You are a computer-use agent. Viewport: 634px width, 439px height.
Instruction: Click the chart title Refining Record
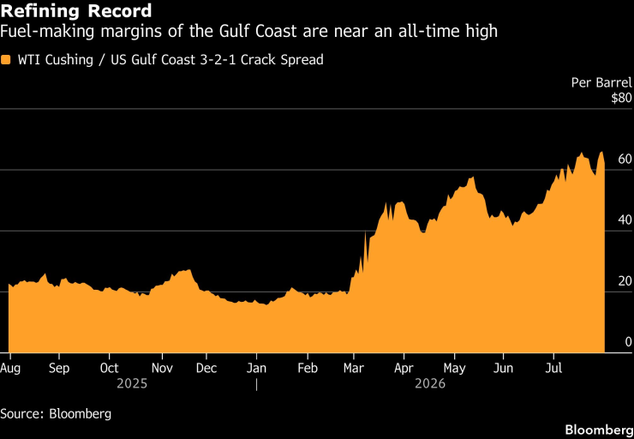coord(76,10)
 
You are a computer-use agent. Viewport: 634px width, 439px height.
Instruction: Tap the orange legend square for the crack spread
coord(6,60)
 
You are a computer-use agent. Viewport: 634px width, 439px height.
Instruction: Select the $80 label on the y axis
coord(621,99)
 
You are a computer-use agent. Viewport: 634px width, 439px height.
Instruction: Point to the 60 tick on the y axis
coord(625,159)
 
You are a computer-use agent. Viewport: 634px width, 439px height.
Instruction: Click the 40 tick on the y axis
coord(625,220)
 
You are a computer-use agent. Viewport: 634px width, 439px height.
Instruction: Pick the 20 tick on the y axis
coord(625,281)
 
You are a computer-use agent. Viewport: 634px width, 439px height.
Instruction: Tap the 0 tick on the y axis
coord(628,342)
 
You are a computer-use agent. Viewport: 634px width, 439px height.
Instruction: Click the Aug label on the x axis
coord(9,369)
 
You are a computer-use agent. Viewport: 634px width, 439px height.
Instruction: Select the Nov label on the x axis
coord(163,369)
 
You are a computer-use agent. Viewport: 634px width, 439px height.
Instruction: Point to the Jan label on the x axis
coord(257,369)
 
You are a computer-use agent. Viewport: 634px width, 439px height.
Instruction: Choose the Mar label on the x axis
coord(354,369)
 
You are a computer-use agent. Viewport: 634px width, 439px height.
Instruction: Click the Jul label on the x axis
coord(554,369)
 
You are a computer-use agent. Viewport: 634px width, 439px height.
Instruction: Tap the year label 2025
coord(132,383)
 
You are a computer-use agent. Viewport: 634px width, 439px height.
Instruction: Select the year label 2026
coord(430,383)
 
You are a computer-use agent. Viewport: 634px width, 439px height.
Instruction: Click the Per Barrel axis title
coord(601,83)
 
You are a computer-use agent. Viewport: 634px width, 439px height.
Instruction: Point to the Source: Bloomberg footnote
coord(56,414)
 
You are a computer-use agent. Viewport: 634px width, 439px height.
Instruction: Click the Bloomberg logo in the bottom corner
coord(599,430)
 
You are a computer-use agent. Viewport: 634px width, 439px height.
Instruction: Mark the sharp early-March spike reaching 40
coord(366,232)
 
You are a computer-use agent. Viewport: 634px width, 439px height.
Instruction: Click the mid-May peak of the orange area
coord(472,178)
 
